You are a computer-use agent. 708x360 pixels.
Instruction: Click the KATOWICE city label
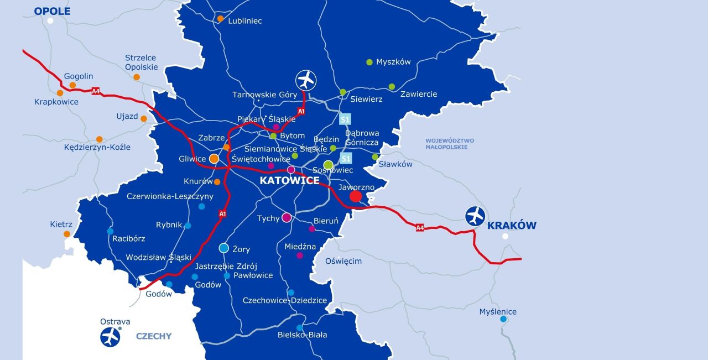click(289, 181)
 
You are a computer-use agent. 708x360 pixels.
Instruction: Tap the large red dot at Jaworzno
click(356, 196)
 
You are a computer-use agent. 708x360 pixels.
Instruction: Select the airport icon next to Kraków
click(475, 215)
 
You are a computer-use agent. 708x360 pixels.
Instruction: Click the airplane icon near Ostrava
click(110, 337)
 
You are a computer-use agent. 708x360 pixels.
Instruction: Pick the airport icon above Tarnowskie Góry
click(305, 80)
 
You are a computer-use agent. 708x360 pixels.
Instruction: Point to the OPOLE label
click(52, 11)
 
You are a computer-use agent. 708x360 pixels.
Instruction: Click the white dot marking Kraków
click(504, 236)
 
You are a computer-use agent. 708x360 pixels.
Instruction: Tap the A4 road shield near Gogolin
click(96, 91)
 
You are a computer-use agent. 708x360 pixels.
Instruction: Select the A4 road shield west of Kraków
click(420, 227)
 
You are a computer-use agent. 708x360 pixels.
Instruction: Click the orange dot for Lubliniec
click(220, 19)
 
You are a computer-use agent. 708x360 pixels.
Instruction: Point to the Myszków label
click(393, 62)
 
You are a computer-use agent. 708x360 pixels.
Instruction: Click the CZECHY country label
click(154, 336)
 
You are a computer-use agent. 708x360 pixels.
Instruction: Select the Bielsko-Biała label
click(302, 335)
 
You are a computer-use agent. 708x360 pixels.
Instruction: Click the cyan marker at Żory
click(223, 248)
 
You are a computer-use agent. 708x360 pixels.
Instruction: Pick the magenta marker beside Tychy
click(287, 217)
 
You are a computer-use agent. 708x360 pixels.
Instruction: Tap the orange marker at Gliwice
click(214, 159)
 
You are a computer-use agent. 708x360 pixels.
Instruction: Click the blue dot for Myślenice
click(503, 319)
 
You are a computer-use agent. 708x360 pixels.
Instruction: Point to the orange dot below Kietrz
click(67, 234)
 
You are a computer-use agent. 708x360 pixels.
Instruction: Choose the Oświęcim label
click(343, 261)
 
